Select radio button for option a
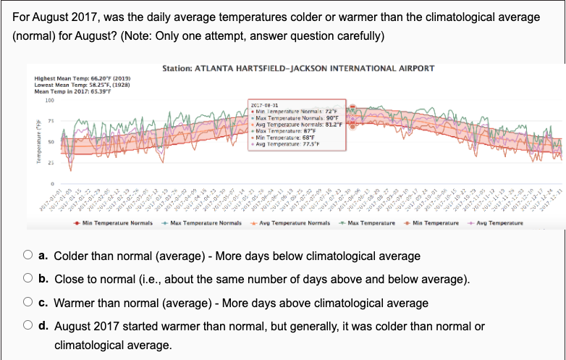(27, 256)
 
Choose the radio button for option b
(27, 280)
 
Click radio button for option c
(27, 303)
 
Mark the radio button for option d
(27, 326)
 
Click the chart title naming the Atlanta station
(298, 69)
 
